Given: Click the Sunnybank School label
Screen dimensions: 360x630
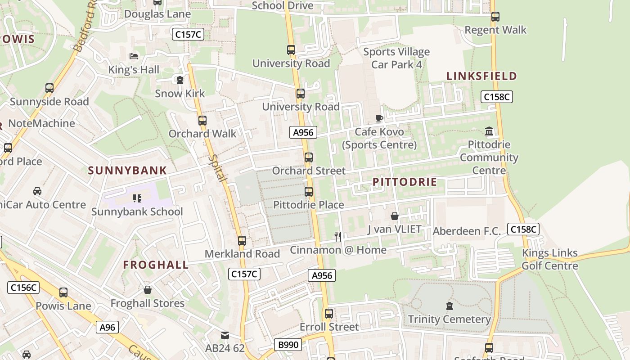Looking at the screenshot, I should coord(137,211).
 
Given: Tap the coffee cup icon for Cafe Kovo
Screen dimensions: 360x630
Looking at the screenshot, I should coord(379,119).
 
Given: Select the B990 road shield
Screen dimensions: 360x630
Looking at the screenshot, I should coord(288,345).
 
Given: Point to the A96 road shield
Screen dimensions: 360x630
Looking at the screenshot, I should coord(107,327).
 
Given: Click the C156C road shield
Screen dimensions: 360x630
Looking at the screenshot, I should coord(23,288).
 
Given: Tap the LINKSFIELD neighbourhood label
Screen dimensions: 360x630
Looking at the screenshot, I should coord(481,76).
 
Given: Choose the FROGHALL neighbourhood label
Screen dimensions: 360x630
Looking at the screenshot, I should coord(156,265).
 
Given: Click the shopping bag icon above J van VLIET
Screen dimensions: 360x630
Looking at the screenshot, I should coord(395,216).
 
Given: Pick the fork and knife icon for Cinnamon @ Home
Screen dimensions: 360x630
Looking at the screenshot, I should coord(338,236).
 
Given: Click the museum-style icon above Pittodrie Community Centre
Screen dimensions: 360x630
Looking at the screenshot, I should coord(489,131).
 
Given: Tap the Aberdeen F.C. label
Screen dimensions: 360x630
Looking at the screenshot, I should coord(467,231).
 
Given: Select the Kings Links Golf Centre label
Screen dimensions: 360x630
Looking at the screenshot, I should coord(549,259).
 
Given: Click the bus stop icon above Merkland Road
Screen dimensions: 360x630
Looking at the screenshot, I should coord(242,241).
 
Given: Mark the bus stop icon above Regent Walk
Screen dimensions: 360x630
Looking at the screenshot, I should coord(495,17).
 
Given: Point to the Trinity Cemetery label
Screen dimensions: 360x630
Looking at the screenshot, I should coord(449,319).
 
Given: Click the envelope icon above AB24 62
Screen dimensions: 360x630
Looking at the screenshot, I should coord(225,335).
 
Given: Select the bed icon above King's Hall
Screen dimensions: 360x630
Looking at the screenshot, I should coord(134,56).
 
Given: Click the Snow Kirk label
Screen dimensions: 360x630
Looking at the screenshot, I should coord(180,94).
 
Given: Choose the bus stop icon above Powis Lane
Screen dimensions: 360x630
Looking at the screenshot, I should coord(63,292).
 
